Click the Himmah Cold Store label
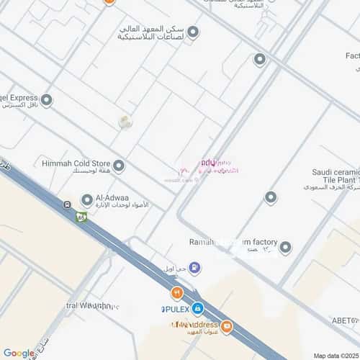[73, 163]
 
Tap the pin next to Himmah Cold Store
[119, 166]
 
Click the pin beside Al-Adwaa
[86, 199]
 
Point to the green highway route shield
[82, 215]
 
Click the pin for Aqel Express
[47, 100]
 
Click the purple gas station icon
[195, 269]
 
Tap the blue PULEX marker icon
[197, 308]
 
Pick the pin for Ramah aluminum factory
[285, 247]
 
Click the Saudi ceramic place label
[335, 172]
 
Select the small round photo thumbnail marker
[125, 122]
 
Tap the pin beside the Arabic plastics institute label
[192, 32]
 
